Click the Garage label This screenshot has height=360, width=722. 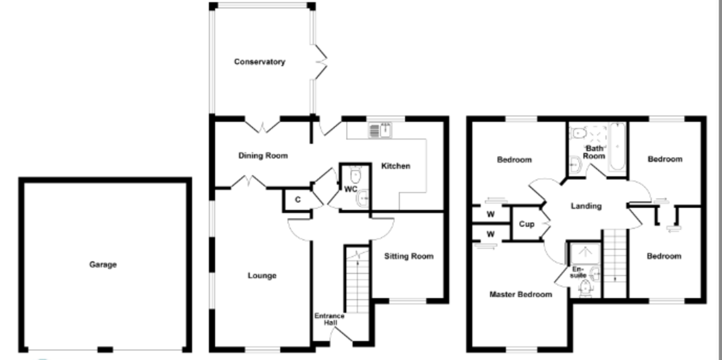(103, 264)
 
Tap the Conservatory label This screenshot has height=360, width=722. (259, 61)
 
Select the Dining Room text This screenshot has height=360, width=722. (263, 156)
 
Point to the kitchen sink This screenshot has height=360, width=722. (380, 130)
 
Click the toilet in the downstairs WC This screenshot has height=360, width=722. (355, 175)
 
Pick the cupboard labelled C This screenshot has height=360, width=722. (297, 200)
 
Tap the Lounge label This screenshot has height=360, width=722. (262, 276)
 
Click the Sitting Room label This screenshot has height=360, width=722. (409, 256)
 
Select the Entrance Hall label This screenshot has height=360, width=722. (330, 319)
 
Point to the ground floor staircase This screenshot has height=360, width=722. (357, 280)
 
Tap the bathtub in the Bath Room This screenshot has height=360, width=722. (617, 147)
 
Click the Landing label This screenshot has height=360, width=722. (586, 206)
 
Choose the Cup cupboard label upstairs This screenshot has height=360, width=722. (526, 224)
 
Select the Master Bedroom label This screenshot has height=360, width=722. (520, 294)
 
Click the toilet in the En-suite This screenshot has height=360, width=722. (585, 288)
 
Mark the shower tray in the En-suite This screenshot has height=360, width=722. (585, 253)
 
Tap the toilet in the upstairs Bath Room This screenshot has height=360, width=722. (578, 132)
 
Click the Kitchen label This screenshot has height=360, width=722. (395, 166)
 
